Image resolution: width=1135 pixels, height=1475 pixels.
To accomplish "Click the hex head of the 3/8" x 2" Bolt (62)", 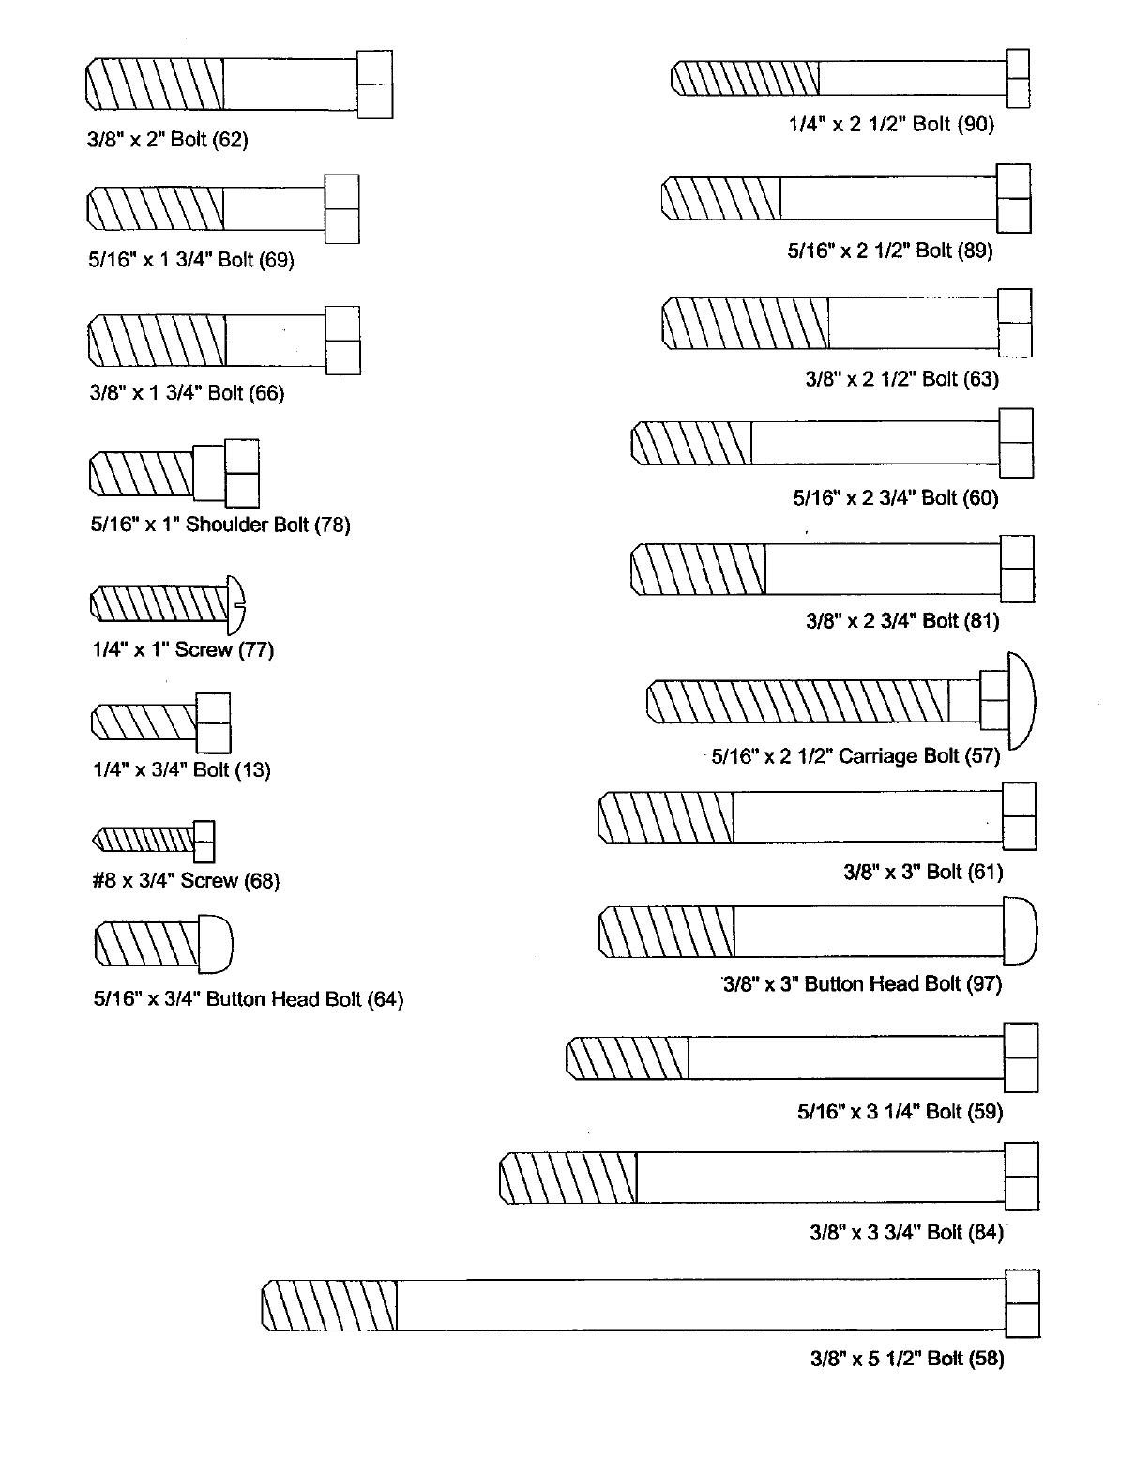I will click(x=375, y=84).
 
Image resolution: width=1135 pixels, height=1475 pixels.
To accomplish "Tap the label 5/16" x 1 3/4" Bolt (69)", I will click(x=191, y=260).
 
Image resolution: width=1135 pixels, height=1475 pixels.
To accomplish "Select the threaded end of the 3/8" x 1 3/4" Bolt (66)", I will click(x=157, y=340).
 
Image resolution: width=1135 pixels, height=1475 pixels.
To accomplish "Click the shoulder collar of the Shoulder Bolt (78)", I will click(x=209, y=472).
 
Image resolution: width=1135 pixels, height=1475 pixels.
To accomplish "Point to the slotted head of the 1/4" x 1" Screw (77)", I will click(x=237, y=605).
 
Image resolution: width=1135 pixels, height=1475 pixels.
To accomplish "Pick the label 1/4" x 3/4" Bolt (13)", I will click(x=181, y=770).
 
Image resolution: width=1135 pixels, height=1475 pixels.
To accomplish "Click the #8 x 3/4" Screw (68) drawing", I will click(x=155, y=840).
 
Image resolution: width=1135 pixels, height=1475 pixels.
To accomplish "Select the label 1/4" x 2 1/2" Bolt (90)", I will click(x=890, y=124).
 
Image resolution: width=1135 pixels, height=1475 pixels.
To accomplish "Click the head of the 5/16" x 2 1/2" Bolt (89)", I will click(x=1013, y=198).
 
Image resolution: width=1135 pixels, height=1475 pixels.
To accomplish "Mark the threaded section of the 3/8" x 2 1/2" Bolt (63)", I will click(x=746, y=323).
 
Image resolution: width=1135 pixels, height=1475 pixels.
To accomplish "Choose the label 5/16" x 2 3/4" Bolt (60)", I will click(x=895, y=498).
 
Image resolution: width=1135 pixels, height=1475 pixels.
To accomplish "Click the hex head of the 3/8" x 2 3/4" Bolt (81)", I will click(x=1017, y=569).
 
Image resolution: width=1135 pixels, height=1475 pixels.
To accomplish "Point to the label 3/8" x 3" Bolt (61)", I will click(x=923, y=872).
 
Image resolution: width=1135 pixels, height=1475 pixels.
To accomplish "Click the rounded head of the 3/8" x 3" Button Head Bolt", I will click(x=1020, y=932).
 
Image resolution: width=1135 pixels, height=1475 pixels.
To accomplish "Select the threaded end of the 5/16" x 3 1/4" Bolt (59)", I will click(x=628, y=1058).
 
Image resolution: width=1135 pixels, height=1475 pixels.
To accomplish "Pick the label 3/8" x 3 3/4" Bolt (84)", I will click(x=906, y=1233).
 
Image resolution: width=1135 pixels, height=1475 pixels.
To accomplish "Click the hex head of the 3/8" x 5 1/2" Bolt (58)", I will click(x=1021, y=1303).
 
